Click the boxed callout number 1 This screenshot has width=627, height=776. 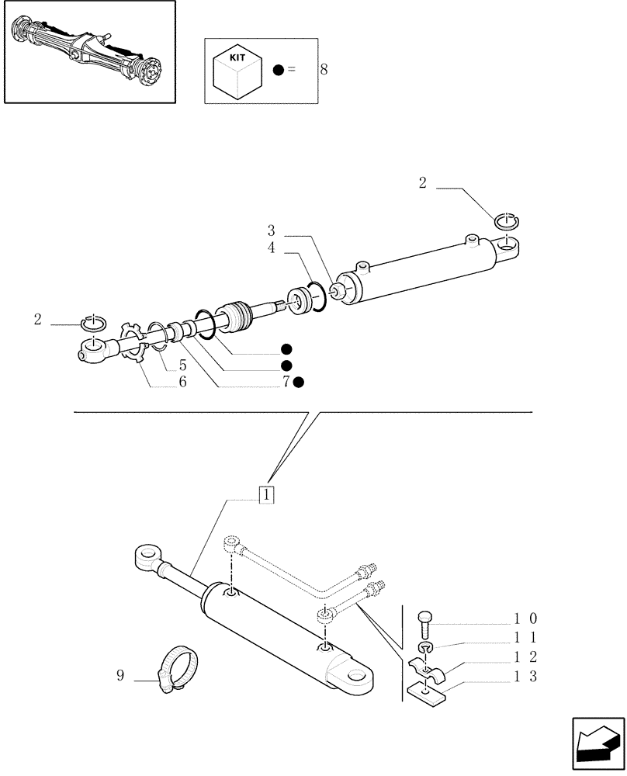265,494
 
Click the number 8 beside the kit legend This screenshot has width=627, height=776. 324,70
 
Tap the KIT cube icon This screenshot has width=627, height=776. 237,70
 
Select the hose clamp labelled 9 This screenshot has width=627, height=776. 179,666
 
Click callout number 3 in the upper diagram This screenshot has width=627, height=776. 271,230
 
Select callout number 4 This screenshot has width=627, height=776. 271,248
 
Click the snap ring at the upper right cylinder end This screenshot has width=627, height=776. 507,221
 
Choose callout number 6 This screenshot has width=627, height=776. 182,382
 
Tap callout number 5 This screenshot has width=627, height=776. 182,365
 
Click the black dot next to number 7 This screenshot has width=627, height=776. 299,382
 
